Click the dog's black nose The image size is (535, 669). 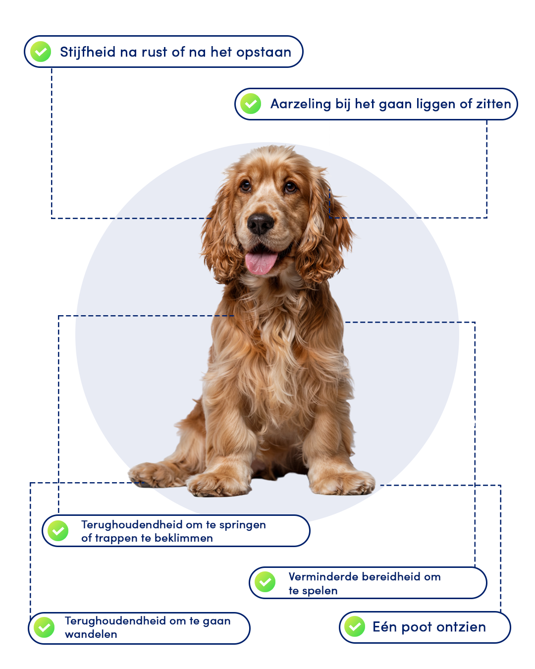[261, 223]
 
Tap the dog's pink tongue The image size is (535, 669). [261, 263]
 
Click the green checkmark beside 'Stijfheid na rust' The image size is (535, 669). [41, 52]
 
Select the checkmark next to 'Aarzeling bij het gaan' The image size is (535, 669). [251, 104]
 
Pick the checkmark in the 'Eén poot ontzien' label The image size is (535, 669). [354, 626]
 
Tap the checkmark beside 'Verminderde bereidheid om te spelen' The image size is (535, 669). [265, 582]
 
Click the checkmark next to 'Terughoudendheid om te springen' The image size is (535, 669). [58, 531]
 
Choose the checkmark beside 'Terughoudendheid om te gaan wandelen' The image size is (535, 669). [44, 627]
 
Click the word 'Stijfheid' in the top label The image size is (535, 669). [88, 52]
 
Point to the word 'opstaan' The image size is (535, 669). [264, 53]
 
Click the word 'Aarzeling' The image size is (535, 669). [301, 104]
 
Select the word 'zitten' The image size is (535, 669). [494, 104]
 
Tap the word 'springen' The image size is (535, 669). [242, 525]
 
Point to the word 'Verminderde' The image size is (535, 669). [323, 577]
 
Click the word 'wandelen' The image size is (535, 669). [91, 634]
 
